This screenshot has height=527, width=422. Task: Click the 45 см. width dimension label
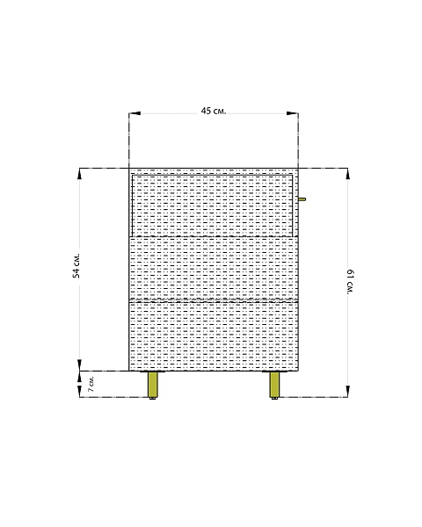[214, 111]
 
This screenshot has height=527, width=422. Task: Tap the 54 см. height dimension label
[76, 265]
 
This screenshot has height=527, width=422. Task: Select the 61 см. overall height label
[350, 282]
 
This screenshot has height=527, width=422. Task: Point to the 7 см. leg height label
[91, 384]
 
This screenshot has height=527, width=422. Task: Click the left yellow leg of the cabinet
[153, 384]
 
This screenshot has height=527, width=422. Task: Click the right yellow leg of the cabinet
[275, 384]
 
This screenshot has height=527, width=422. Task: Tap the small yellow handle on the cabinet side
[302, 199]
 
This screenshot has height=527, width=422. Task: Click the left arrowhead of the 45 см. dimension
[135, 113]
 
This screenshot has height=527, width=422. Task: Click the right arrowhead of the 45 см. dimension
[293, 113]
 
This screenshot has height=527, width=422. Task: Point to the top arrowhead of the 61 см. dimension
[347, 173]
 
